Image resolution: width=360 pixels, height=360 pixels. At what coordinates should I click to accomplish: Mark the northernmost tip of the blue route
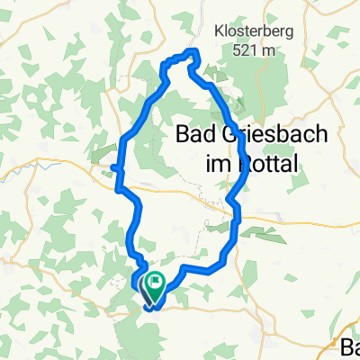coord(191,51)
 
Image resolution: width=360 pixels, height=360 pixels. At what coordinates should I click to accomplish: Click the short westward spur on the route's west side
coord(114,166)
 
